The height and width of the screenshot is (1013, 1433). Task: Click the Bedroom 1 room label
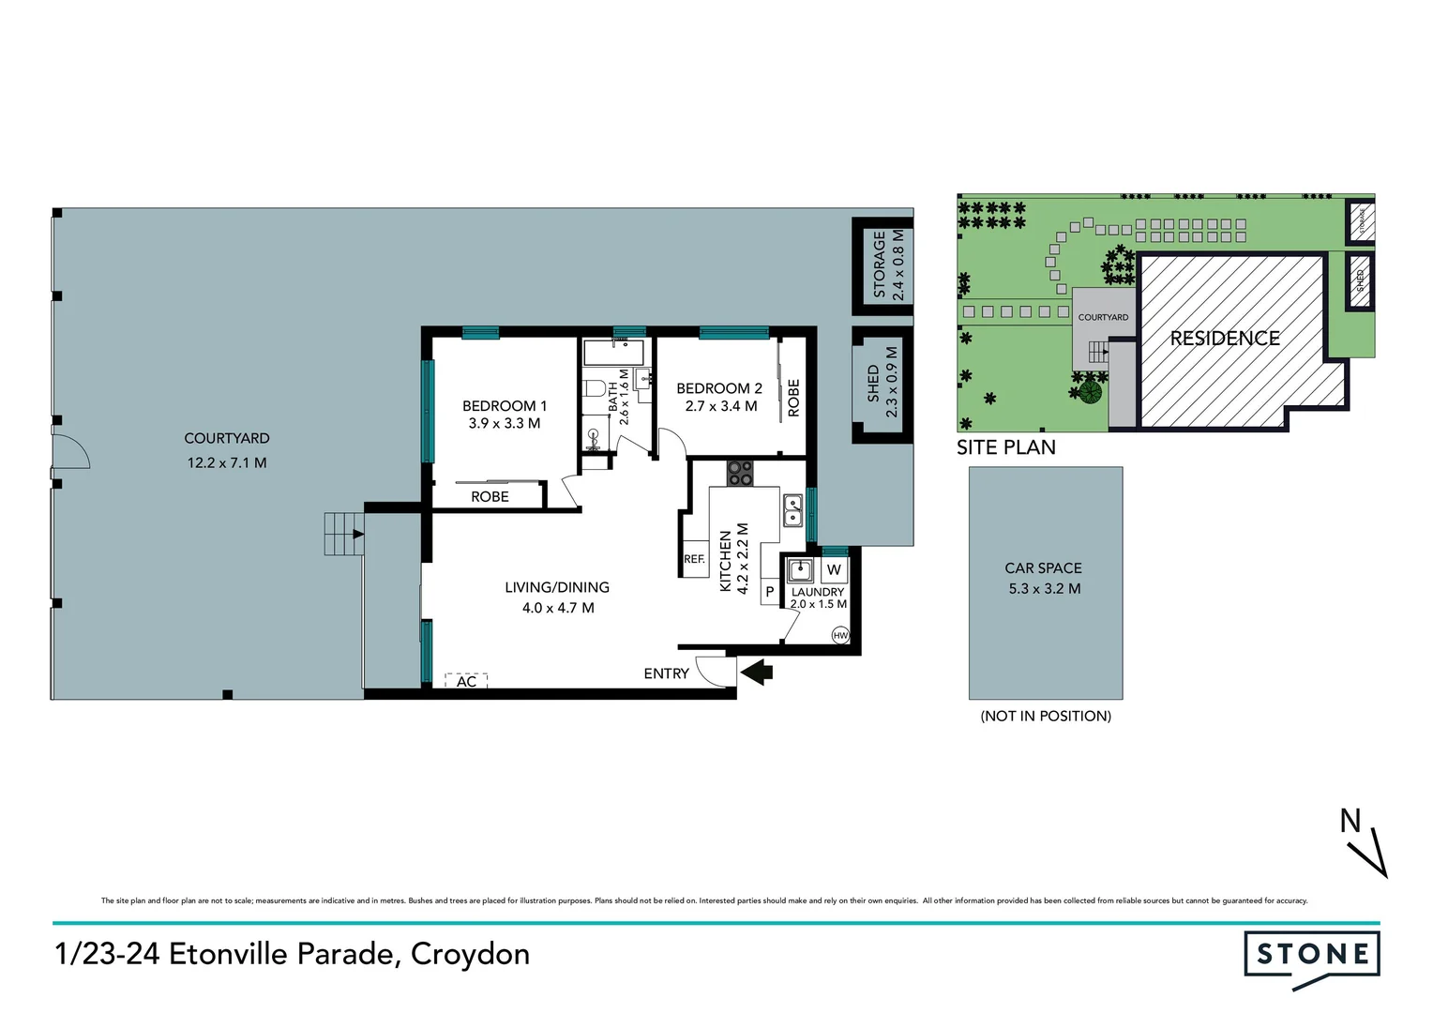coord(504,405)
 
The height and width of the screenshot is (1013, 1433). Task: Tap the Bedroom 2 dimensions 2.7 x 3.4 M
coord(720,406)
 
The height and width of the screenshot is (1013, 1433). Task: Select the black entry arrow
coord(756,672)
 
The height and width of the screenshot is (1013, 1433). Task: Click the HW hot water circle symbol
coord(840,635)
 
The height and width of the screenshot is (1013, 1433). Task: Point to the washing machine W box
coord(834,569)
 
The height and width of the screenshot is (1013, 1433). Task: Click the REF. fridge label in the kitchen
coord(694,559)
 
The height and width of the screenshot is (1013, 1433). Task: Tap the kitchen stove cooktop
coord(739,473)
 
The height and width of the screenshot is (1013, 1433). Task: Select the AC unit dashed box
coord(466,681)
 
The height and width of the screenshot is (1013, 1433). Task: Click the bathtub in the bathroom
coord(614,354)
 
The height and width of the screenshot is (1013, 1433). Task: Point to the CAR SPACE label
coord(1043,567)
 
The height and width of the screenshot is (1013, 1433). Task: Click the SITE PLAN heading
coord(1005,447)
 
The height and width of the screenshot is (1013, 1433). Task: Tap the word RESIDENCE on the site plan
coord(1224,338)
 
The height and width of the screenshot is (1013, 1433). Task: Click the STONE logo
coord(1311,956)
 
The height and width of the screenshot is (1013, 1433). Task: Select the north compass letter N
coord(1350,821)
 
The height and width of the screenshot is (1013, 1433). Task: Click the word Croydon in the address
coord(470,954)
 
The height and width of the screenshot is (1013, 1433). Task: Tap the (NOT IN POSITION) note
coord(1046,716)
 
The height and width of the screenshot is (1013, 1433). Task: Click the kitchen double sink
coord(792,509)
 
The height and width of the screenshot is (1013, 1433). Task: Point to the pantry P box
coord(770,592)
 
